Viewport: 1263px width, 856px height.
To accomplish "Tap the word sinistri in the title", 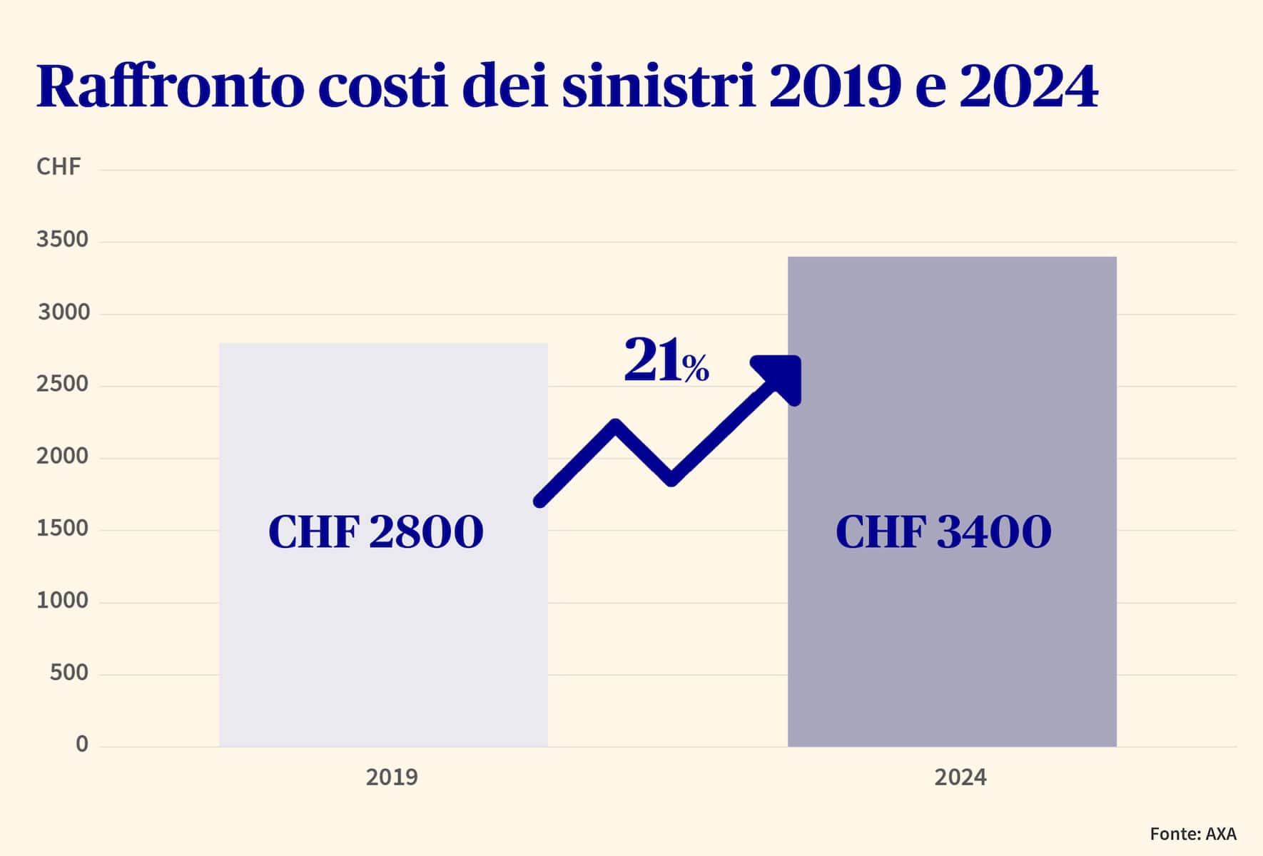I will coord(658,87).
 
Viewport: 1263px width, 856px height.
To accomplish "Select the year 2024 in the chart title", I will coord(1028,87).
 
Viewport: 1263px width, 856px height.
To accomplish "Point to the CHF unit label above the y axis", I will coord(59,167).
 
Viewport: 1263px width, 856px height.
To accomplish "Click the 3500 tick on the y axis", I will coord(63,240).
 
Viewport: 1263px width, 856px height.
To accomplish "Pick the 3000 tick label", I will coord(64,312).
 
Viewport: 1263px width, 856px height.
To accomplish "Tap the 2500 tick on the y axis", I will coord(63,384).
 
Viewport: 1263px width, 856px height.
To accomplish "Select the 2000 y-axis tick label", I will coord(63,457).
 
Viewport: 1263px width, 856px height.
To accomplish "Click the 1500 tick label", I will coord(63,529).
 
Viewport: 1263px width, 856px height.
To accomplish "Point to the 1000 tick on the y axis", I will coord(63,601).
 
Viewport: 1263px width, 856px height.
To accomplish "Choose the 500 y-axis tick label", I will coord(69,673).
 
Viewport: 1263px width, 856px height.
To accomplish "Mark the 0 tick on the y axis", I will coord(82,745).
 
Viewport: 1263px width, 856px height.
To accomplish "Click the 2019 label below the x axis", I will coord(392,778).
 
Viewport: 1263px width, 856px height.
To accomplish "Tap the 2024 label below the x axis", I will coord(960,778).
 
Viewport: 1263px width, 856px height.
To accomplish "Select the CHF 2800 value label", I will coord(376,532).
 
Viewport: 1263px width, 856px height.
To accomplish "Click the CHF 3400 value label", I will coord(943,532).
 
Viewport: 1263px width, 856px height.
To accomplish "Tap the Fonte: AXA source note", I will coord(1193,834).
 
